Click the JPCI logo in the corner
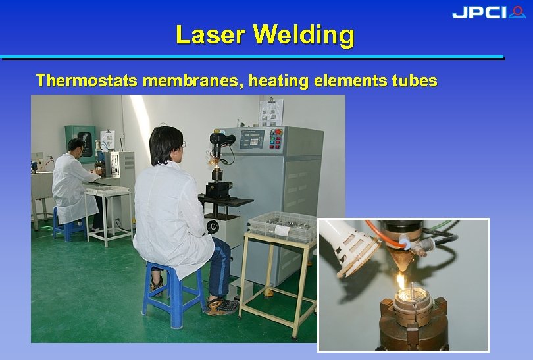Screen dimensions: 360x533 (x=488, y=13)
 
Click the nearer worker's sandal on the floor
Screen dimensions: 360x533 (x=222, y=305)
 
